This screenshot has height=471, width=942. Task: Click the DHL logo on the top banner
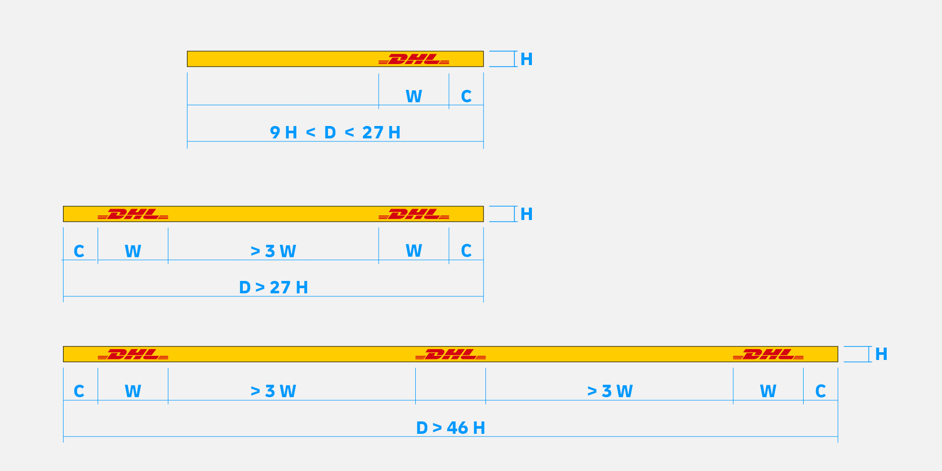point(414,59)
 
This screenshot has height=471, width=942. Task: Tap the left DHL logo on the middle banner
point(133,214)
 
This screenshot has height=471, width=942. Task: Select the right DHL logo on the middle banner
point(414,214)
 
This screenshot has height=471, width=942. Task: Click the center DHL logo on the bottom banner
point(450,354)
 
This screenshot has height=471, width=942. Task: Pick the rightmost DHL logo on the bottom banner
point(768,354)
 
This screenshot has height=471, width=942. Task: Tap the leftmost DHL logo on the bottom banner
point(133,354)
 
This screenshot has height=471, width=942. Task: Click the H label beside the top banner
point(526,59)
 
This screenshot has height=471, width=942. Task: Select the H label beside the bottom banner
point(881,354)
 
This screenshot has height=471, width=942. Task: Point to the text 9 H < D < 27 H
point(335,133)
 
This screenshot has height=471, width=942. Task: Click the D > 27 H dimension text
point(273,288)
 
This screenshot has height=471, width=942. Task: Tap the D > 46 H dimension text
point(450,428)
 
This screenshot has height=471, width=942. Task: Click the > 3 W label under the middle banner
point(273,252)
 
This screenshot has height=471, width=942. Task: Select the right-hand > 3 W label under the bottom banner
point(610,391)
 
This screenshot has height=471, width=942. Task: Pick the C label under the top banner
point(466,97)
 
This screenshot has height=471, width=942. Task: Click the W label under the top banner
point(414,97)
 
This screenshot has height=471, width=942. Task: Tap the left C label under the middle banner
point(78,252)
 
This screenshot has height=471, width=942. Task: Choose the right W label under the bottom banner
point(768,391)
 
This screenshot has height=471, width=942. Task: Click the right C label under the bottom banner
point(820,391)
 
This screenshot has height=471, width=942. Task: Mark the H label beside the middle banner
point(526,214)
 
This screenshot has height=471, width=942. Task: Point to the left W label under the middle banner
point(133,252)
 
